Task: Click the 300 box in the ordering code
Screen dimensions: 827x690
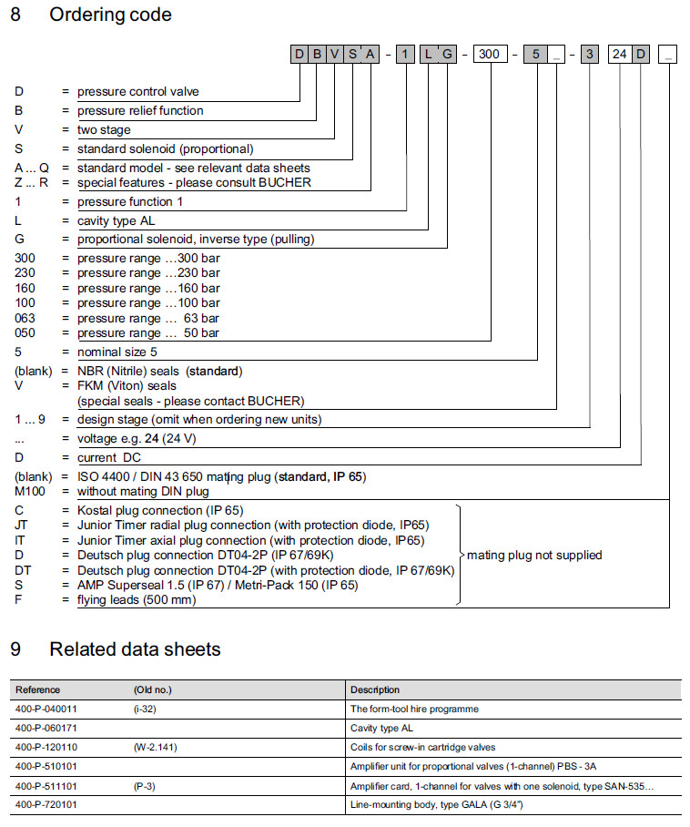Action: pyautogui.click(x=489, y=55)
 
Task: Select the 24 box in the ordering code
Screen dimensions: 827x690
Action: pyautogui.click(x=620, y=55)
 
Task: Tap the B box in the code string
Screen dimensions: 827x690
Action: pyautogui.click(x=317, y=55)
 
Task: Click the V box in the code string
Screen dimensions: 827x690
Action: pyautogui.click(x=334, y=55)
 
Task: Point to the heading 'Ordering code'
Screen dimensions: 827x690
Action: pyautogui.click(x=110, y=15)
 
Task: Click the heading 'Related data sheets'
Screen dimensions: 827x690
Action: pyautogui.click(x=135, y=649)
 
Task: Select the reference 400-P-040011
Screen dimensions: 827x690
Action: pyautogui.click(x=46, y=709)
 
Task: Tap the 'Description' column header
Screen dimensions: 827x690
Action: pyautogui.click(x=375, y=689)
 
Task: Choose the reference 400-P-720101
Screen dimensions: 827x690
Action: pyautogui.click(x=46, y=805)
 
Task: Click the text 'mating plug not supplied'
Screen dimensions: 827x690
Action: pyautogui.click(x=534, y=555)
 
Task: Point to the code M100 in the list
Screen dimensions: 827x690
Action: pyautogui.click(x=30, y=492)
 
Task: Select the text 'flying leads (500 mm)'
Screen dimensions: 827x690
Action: pyautogui.click(x=137, y=599)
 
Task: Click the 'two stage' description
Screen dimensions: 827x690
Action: pyautogui.click(x=104, y=129)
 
